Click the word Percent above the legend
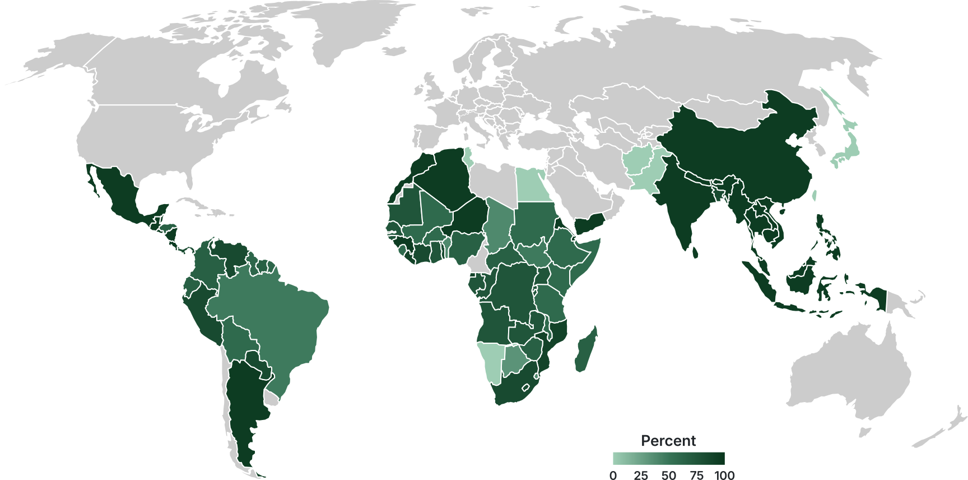click(668, 441)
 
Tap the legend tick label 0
click(613, 476)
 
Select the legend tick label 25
click(641, 476)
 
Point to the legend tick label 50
click(668, 476)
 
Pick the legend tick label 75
click(696, 476)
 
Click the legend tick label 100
click(724, 476)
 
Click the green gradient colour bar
click(668, 459)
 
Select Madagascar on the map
click(585, 351)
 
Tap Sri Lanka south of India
click(695, 252)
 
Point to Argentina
click(244, 404)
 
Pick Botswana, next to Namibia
click(513, 362)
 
